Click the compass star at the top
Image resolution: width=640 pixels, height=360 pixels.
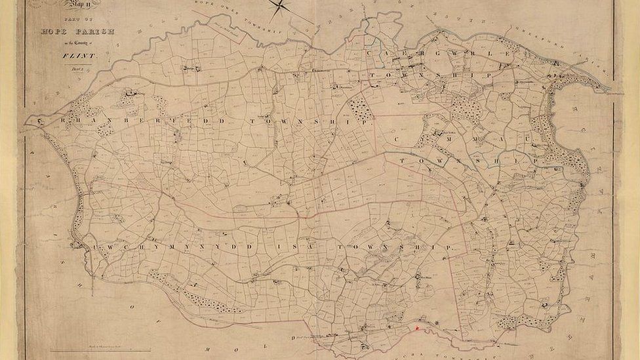tap(279, 7)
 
